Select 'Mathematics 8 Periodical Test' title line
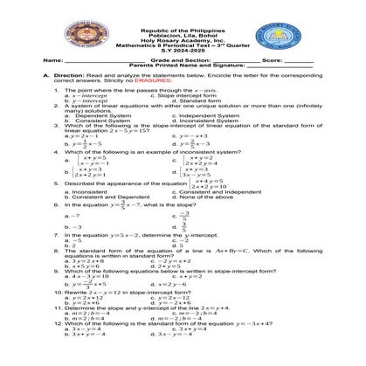[183, 39]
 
